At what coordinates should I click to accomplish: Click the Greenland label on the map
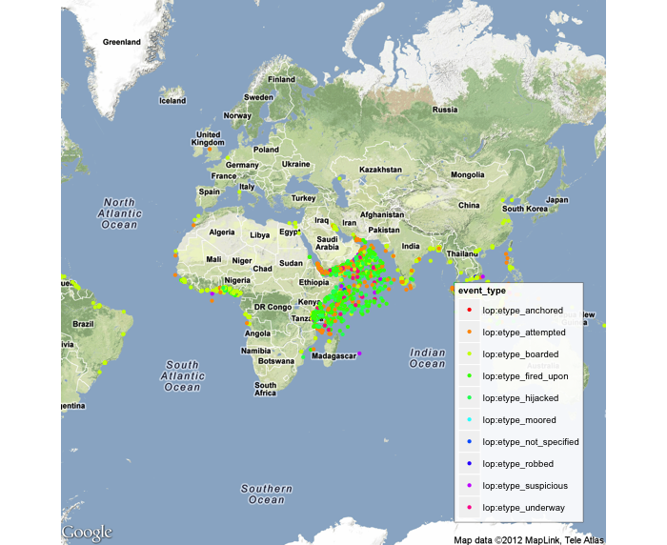click(x=122, y=42)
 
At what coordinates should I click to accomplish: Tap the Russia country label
click(x=446, y=110)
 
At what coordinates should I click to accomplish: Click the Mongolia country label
click(x=467, y=175)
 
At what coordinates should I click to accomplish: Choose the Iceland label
click(x=172, y=100)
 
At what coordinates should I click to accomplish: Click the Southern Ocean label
click(x=262, y=494)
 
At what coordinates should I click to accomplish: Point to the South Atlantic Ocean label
click(x=182, y=375)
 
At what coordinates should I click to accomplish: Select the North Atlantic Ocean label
click(x=120, y=213)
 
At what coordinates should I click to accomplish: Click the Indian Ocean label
click(x=427, y=358)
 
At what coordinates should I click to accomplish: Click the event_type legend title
click(x=482, y=290)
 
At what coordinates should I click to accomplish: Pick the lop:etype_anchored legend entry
click(x=522, y=311)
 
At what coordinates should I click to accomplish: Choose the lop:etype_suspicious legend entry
click(x=524, y=486)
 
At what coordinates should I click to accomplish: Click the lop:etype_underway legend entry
click(x=523, y=508)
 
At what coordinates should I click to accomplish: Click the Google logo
click(x=87, y=532)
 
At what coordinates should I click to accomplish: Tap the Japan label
click(x=556, y=200)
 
